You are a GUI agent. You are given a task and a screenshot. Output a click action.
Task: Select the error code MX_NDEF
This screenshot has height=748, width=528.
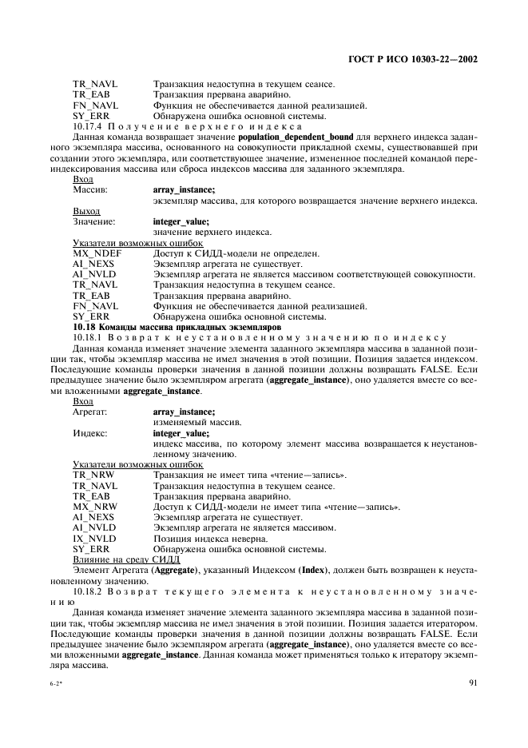click(97, 253)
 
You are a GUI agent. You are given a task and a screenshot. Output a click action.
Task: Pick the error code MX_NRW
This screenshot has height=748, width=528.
click(95, 507)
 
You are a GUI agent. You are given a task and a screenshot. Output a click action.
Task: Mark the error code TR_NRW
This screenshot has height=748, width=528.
click(93, 475)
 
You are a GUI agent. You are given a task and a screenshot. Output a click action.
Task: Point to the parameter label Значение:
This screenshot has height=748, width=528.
click(93, 222)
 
